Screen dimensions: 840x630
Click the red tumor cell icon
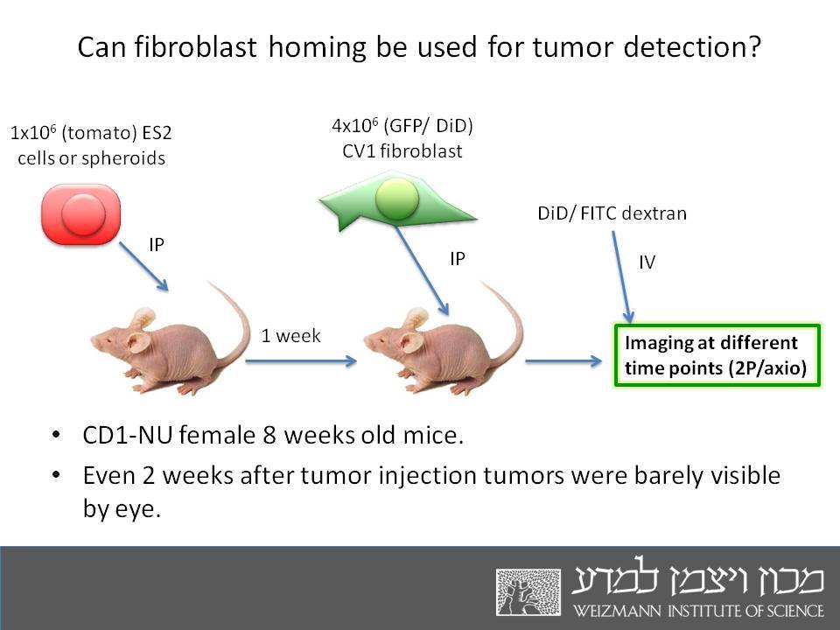(80, 214)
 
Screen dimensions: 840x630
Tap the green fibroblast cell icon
(397, 201)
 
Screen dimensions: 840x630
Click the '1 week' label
(290, 336)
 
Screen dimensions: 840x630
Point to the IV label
(647, 262)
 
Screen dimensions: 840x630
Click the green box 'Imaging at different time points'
(717, 354)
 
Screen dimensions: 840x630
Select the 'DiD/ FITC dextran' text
(612, 213)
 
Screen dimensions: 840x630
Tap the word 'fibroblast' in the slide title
(195, 47)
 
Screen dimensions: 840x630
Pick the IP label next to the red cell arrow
(157, 245)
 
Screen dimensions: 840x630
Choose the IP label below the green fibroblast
(458, 259)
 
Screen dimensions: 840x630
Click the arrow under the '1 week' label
(301, 361)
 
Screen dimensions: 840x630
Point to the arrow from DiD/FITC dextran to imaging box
(622, 277)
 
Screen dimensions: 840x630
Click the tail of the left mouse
(235, 321)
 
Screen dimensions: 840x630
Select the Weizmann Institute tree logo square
(528, 592)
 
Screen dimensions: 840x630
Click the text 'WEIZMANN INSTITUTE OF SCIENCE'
(698, 611)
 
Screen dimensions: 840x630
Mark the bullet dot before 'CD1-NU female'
(56, 434)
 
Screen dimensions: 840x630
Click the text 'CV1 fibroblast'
(402, 151)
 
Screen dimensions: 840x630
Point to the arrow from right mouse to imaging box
(563, 361)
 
